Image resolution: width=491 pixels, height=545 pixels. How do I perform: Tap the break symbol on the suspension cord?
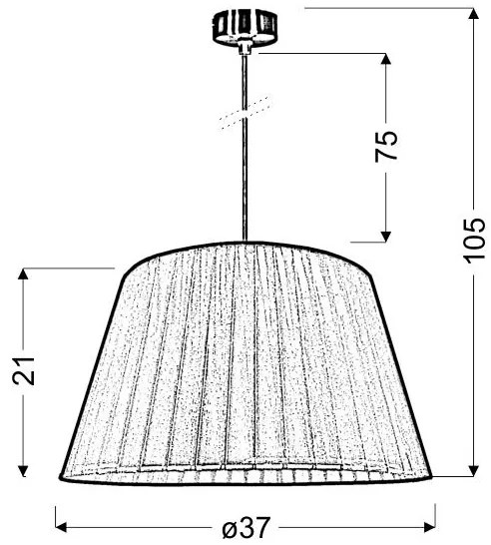point(243,111)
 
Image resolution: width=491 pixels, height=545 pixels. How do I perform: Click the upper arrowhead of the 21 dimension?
point(23,274)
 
